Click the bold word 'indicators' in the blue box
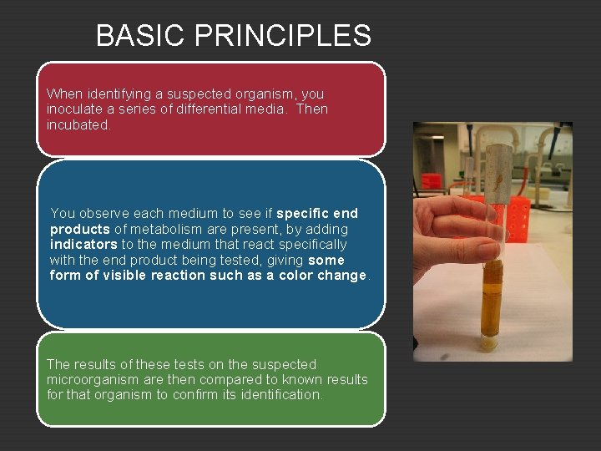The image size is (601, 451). click(83, 245)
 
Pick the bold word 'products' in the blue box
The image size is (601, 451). click(80, 229)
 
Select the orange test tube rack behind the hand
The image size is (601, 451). click(519, 219)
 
